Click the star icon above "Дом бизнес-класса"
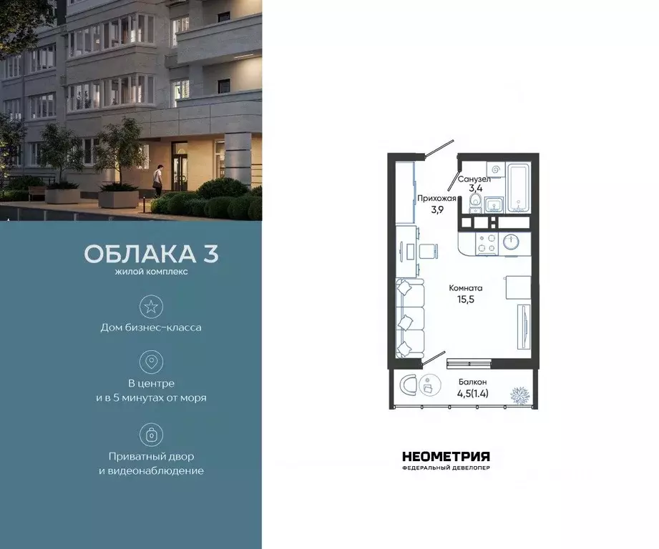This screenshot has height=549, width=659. point(151,307)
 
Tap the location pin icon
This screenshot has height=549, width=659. point(151,362)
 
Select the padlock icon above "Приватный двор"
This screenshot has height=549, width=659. point(151,435)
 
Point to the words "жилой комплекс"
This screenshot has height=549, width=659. point(152,272)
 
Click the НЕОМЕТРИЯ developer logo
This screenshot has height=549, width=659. point(446,458)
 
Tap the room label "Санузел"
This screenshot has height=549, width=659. point(473,179)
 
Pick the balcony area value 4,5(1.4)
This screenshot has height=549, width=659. point(473,392)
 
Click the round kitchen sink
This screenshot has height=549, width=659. point(512,242)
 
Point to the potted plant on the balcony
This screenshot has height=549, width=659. point(517,393)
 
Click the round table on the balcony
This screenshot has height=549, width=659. point(428,386)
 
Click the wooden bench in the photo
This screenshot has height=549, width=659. point(36,191)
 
